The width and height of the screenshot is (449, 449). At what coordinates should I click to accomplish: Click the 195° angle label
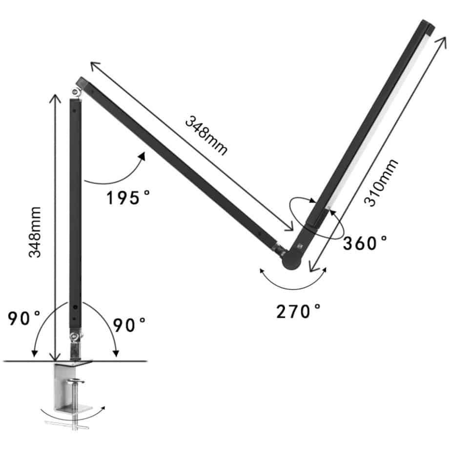point(128,197)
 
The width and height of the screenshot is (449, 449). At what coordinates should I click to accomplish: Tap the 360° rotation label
point(365,243)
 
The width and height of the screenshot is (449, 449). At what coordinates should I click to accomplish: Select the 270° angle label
point(298,311)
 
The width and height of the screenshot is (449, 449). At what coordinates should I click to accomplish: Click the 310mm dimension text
point(381,183)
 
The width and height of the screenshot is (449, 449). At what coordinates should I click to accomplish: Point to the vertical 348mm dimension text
point(35,232)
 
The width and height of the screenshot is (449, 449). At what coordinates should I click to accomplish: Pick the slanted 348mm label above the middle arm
point(206,135)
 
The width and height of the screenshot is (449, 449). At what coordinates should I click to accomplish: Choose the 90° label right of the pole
point(129,325)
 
